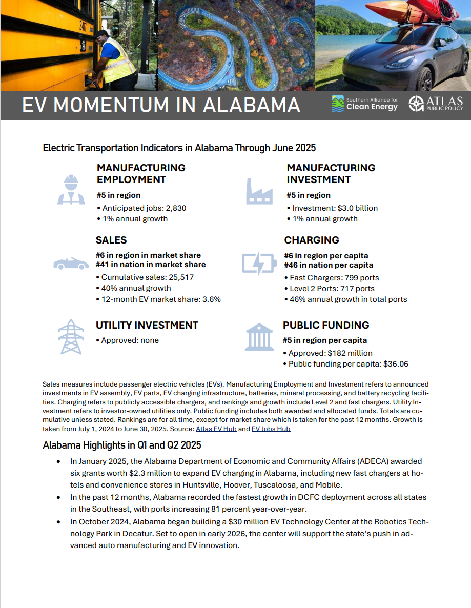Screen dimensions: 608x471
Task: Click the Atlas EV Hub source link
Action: click(216, 429)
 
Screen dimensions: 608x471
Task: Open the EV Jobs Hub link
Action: click(271, 429)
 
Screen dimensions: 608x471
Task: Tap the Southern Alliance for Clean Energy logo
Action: click(364, 104)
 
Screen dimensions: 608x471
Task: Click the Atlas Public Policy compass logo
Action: click(416, 104)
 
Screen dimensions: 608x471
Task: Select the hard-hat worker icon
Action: click(71, 190)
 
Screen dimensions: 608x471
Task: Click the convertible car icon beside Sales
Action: click(71, 263)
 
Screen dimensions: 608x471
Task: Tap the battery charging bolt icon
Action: click(259, 263)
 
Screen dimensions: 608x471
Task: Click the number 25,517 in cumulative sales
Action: click(176, 277)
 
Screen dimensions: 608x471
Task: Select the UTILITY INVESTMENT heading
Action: click(147, 325)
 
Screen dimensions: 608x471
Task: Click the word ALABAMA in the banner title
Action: click(252, 105)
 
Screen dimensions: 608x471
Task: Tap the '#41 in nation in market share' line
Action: click(151, 265)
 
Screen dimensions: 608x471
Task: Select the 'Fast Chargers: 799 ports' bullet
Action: click(334, 278)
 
